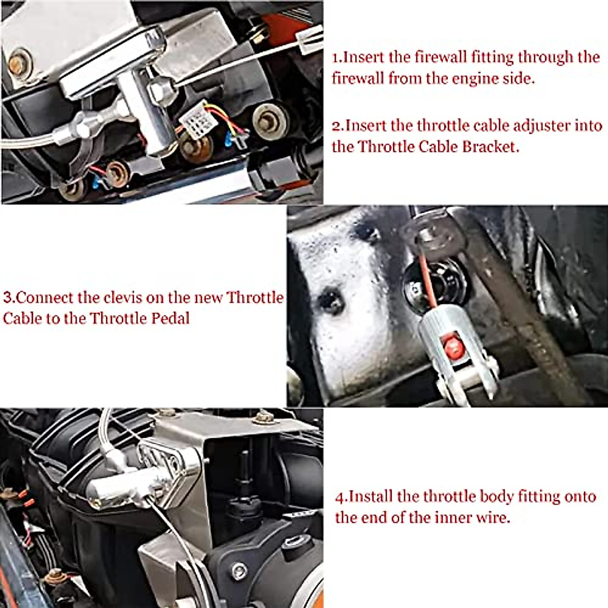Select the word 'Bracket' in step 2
(x=489, y=147)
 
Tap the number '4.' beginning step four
(x=341, y=497)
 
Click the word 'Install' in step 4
(x=371, y=497)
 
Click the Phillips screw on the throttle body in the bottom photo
(x=239, y=571)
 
